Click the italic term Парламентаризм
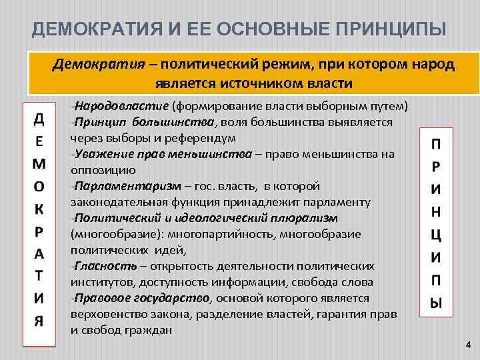127,186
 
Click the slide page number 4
467,345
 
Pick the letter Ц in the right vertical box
435,235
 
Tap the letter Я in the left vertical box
39,320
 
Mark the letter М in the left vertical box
39,163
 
